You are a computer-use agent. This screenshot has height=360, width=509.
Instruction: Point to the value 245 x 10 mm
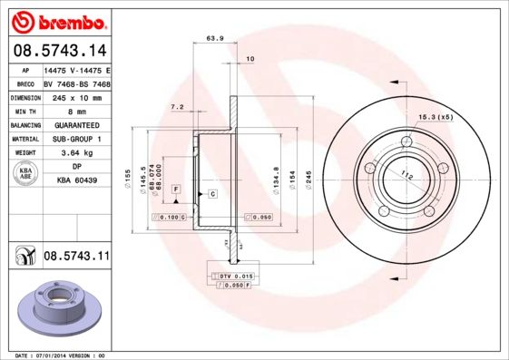click(75, 97)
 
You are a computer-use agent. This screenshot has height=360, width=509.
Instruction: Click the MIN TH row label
click(23, 111)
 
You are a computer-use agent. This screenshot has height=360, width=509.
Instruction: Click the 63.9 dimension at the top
click(215, 38)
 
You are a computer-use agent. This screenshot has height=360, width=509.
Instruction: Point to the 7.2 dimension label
click(178, 107)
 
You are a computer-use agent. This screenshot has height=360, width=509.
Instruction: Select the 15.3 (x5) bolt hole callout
click(436, 118)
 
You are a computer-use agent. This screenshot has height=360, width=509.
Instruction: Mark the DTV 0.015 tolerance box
click(232, 274)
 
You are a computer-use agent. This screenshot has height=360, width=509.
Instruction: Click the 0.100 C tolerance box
click(171, 219)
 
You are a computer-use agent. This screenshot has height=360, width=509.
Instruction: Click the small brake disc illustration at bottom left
click(54, 308)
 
